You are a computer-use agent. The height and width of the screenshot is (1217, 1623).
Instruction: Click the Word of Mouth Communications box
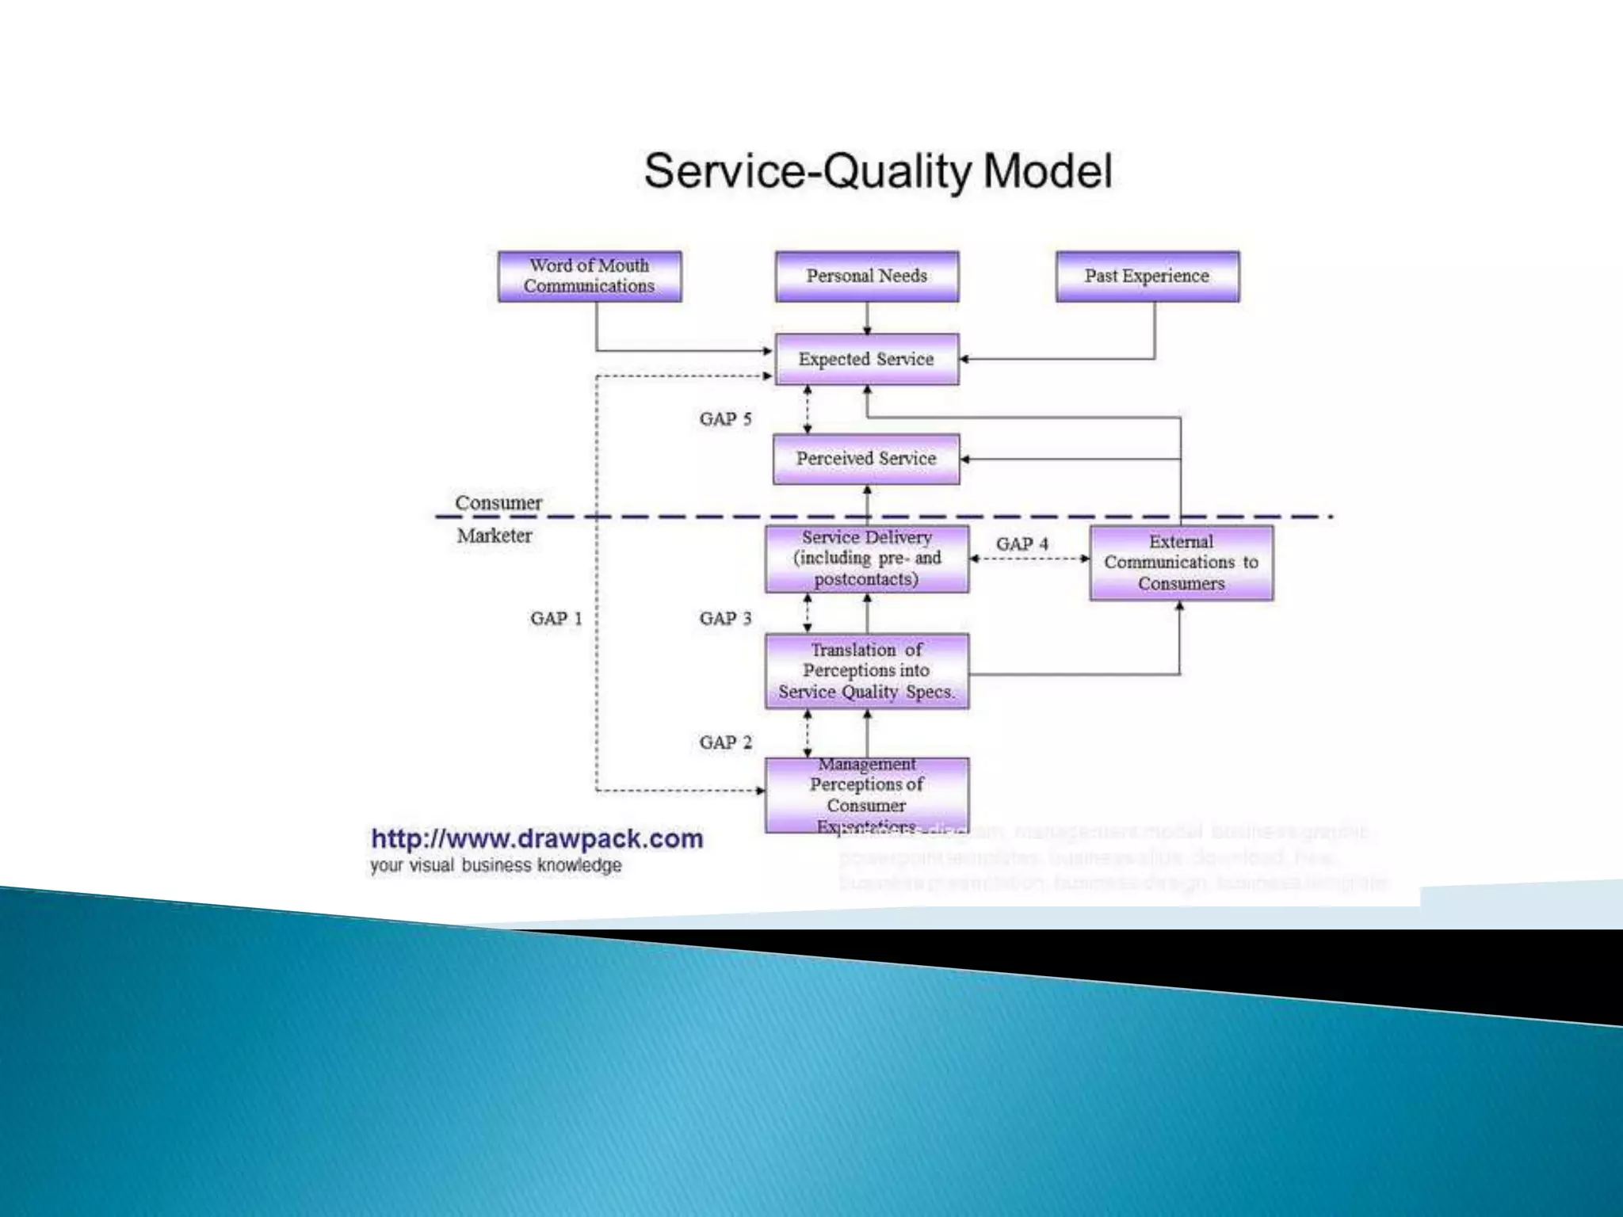coord(589,277)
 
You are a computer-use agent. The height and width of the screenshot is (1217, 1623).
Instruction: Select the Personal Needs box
coord(867,277)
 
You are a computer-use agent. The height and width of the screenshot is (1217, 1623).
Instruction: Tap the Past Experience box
coord(1147,277)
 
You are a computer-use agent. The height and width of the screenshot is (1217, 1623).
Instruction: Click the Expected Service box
coord(866,359)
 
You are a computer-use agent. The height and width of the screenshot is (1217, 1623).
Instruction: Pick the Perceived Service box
coord(866,459)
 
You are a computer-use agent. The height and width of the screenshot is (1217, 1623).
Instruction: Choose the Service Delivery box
coord(867,559)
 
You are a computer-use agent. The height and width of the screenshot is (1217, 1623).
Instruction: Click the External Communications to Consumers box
coord(1181,563)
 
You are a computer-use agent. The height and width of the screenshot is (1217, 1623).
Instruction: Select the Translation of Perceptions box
coord(867,670)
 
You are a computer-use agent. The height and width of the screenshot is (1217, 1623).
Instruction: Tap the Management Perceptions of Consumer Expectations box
coord(867,795)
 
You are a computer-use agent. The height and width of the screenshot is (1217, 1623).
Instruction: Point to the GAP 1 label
coord(556,619)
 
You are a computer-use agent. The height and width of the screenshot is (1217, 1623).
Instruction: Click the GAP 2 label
coord(725,742)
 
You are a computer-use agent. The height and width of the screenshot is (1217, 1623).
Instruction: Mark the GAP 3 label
coord(725,619)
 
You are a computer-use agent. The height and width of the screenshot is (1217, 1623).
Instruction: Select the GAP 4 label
coord(1022,544)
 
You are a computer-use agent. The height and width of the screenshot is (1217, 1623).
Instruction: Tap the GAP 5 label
coord(725,419)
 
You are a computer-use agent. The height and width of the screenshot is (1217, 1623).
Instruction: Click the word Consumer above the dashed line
coord(498,503)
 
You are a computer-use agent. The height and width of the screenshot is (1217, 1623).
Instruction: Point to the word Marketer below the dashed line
coord(495,536)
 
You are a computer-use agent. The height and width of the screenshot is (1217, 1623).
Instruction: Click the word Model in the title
coord(1048,171)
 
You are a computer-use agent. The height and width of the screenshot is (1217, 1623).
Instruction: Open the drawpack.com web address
coord(537,838)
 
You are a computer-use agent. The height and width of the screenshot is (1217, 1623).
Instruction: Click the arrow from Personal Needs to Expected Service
coord(867,319)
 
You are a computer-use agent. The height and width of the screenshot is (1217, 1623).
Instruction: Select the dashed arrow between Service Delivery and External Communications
coord(1029,559)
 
